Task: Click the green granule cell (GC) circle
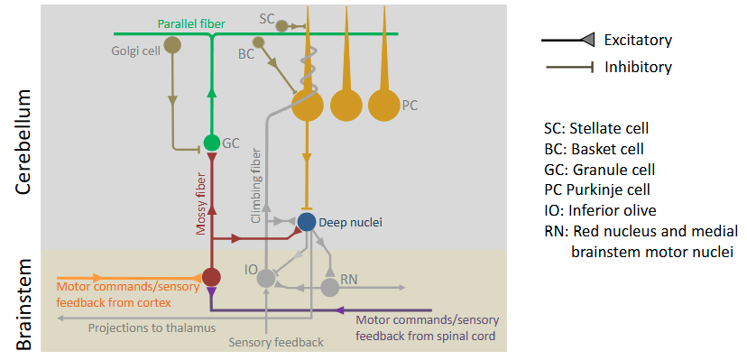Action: (x=211, y=143)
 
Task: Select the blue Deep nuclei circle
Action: (x=307, y=221)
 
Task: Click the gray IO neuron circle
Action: (x=265, y=279)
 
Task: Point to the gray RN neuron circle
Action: (x=330, y=287)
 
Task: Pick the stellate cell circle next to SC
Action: (x=282, y=26)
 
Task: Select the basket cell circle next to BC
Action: (x=259, y=42)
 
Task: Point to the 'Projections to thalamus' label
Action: (x=152, y=328)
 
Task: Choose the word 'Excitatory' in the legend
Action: (x=639, y=40)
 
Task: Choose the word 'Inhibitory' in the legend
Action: (x=638, y=67)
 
